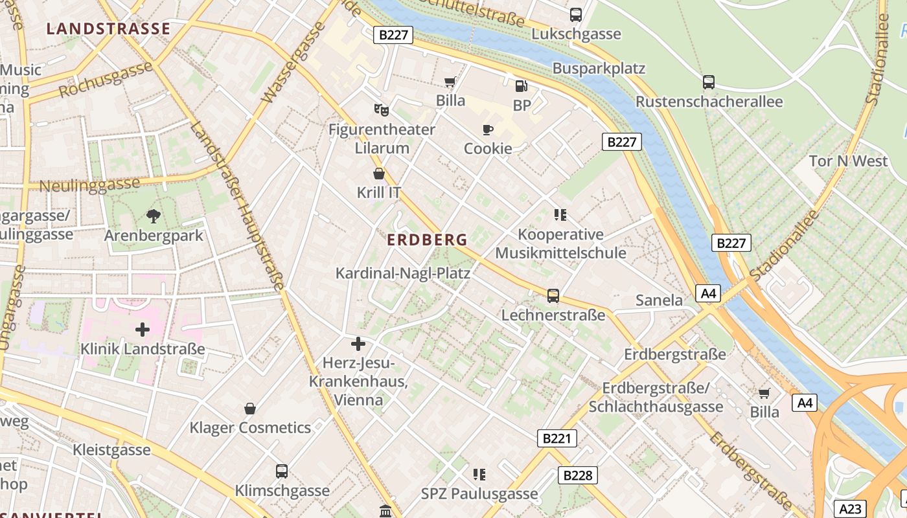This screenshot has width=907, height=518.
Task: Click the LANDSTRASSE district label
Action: tap(108, 29)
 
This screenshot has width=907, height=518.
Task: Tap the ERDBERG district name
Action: tap(427, 240)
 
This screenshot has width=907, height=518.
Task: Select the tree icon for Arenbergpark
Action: tap(154, 216)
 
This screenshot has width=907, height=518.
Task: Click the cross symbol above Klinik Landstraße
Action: tap(143, 330)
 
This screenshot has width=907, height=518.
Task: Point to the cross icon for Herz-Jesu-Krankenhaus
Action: tap(358, 344)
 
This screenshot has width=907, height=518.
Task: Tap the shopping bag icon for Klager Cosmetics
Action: tap(250, 409)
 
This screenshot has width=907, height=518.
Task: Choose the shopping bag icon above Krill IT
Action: tap(379, 174)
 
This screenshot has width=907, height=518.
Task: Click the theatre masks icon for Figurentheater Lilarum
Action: tap(381, 110)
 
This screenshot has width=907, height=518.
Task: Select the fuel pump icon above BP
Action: tap(521, 86)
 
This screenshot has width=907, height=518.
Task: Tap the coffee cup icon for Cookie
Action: tap(488, 129)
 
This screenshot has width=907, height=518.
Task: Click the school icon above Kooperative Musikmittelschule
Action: tap(560, 215)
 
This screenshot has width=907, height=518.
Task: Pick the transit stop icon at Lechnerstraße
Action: tap(553, 296)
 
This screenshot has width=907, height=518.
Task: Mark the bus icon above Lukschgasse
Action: tap(576, 15)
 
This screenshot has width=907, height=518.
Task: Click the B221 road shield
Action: tap(557, 438)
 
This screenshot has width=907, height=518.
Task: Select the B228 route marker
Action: tap(577, 475)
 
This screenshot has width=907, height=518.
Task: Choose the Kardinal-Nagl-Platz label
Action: tap(402, 273)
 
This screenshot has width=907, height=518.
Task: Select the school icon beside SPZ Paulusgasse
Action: tap(479, 475)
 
